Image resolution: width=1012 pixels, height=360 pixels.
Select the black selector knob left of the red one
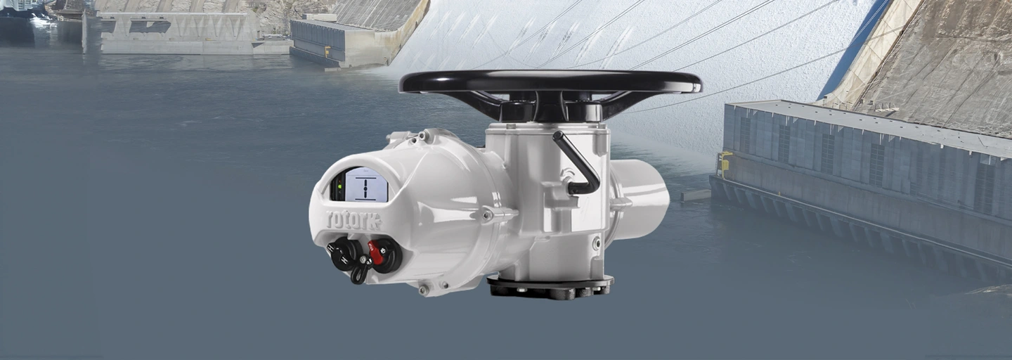345,254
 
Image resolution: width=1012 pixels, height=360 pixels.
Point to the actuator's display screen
366,184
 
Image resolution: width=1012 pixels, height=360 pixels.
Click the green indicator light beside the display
339,186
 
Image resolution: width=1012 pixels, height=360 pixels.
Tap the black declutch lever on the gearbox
576,163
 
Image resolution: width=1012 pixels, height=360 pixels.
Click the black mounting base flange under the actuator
550,288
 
